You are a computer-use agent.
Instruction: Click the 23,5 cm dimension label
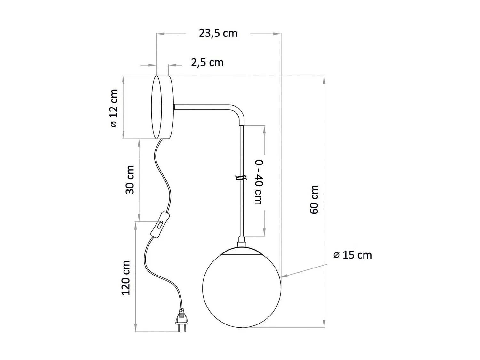tap(218, 33)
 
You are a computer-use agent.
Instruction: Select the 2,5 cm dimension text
tap(207, 62)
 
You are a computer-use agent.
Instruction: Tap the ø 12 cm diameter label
tap(114, 108)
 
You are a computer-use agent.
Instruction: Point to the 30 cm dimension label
tap(130, 180)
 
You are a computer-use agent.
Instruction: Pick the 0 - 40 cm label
tap(259, 181)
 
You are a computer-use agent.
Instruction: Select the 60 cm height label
tap(314, 199)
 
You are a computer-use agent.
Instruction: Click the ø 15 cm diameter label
tap(352, 255)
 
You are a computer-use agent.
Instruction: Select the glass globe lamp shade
tap(242, 288)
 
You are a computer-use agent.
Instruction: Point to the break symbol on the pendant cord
tap(241, 178)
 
